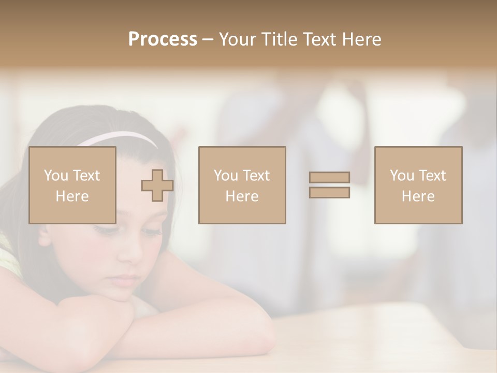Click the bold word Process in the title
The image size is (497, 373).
click(163, 39)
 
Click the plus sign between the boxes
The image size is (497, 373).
click(157, 185)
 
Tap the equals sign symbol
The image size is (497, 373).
click(329, 185)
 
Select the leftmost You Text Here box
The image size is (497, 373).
click(72, 185)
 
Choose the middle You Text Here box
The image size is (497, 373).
click(242, 185)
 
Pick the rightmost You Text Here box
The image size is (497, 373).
click(418, 185)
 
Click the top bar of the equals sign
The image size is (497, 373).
click(329, 178)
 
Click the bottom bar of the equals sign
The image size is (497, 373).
click(329, 192)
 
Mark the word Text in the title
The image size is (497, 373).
click(320, 39)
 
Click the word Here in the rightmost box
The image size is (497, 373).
click(418, 196)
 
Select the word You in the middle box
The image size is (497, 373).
click(226, 176)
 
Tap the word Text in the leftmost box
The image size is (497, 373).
click(86, 176)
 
